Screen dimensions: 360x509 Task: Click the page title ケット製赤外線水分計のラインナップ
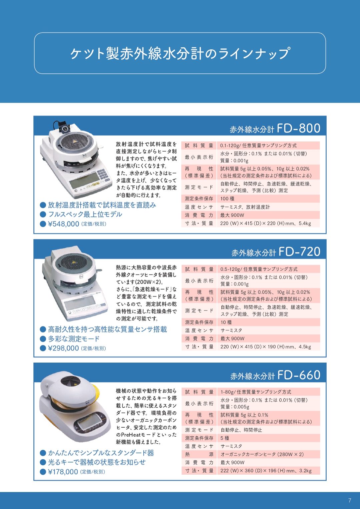(x=180, y=53)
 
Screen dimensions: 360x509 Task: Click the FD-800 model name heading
(x=275, y=128)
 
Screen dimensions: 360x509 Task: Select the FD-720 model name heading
(x=276, y=252)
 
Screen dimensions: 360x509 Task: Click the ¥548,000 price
(x=63, y=224)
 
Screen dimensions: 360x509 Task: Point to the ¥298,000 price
(x=63, y=348)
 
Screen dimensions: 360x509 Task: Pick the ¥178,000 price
(x=63, y=472)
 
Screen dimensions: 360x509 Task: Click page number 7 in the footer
(x=350, y=500)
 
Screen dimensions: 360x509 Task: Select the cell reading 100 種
(x=227, y=198)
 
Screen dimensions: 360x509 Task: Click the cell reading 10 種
(x=226, y=322)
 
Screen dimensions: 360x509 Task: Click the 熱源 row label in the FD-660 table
(x=199, y=454)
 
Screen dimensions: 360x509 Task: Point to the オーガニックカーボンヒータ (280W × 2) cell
(x=262, y=454)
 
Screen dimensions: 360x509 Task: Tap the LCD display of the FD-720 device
(x=79, y=302)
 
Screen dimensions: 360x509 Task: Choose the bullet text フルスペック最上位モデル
(x=85, y=214)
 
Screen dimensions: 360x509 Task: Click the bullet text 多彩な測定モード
(x=74, y=339)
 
